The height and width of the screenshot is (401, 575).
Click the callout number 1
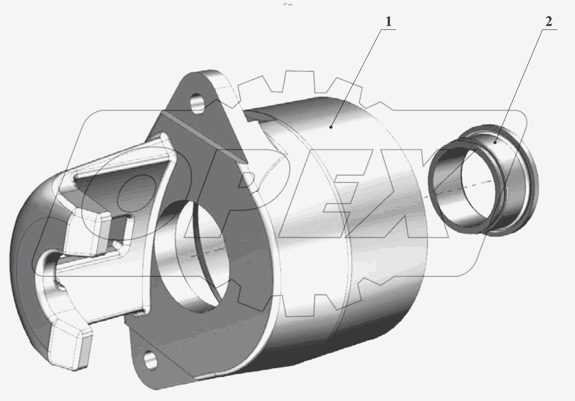coord(388,22)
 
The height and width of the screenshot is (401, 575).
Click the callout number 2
coord(549,22)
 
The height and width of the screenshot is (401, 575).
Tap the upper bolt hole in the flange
coord(198,103)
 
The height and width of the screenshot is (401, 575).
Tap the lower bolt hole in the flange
coord(151,360)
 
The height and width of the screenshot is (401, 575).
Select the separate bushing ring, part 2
coord(483,180)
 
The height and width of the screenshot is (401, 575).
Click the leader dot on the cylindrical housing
coord(331,127)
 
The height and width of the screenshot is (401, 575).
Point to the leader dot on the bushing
coord(495,142)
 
